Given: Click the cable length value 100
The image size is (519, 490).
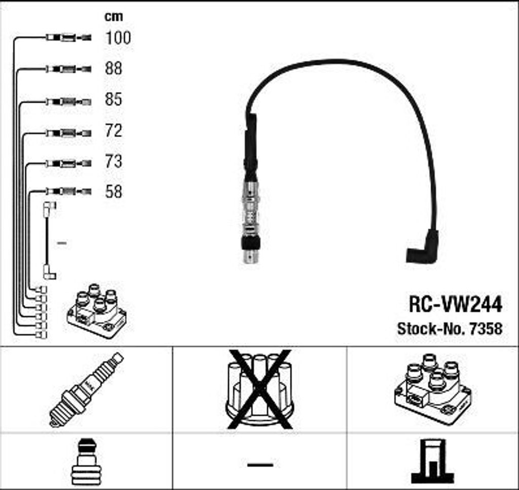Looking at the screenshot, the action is coord(118,37).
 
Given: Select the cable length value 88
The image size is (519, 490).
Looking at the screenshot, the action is coord(114,68).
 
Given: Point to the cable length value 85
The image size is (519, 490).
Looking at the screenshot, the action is coord(114,99).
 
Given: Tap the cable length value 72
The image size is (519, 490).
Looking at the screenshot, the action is coord(114,131).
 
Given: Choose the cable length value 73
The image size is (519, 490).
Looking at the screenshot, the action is coord(114,161).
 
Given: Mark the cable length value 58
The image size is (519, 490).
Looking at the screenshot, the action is coord(114,192).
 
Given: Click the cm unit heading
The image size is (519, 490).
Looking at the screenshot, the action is coord(114,17).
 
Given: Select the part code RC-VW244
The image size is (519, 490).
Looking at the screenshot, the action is coord(456,304).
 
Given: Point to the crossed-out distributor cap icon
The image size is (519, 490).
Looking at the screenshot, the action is coord(259,389).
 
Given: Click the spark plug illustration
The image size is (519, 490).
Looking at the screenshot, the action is coord(86,390).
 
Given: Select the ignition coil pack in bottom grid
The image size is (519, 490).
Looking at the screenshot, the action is coord(433,389).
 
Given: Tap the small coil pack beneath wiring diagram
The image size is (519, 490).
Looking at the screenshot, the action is coord(96,311).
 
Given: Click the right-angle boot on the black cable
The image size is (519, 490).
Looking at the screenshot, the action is coord(423,247).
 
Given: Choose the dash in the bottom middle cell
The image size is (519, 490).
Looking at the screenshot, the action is coord(260,465).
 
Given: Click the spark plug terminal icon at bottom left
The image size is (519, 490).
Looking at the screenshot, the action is coord(85,462).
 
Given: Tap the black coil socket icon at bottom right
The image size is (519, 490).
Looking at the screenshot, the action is coord(432,462).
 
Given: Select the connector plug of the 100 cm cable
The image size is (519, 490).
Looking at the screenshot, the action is coord(68,37).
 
